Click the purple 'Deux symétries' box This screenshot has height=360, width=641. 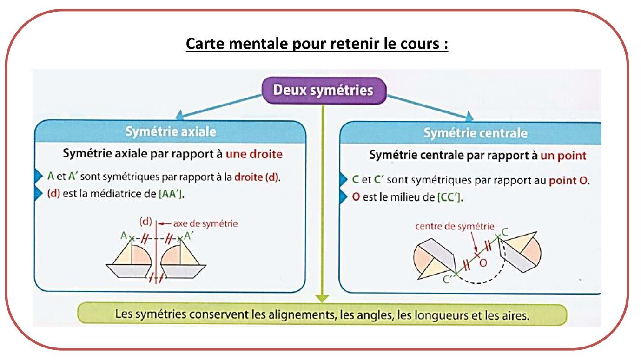click(x=324, y=91)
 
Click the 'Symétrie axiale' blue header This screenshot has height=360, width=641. click(x=171, y=132)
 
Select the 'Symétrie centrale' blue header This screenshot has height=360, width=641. click(x=471, y=133)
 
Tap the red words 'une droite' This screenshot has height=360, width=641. click(x=254, y=154)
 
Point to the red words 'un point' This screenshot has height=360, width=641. click(x=563, y=156)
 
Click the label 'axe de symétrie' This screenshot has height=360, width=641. click(x=205, y=223)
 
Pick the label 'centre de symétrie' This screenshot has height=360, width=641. click(x=455, y=227)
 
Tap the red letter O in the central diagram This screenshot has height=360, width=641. click(x=483, y=263)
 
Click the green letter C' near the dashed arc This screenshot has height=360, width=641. click(x=447, y=279)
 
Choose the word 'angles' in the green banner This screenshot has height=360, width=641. click(x=374, y=315)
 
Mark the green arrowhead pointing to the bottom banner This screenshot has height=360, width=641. click(x=323, y=298)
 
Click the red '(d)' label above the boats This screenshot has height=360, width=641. click(x=145, y=222)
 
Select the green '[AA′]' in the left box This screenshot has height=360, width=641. click(x=171, y=194)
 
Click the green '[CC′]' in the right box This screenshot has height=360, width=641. click(x=449, y=197)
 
